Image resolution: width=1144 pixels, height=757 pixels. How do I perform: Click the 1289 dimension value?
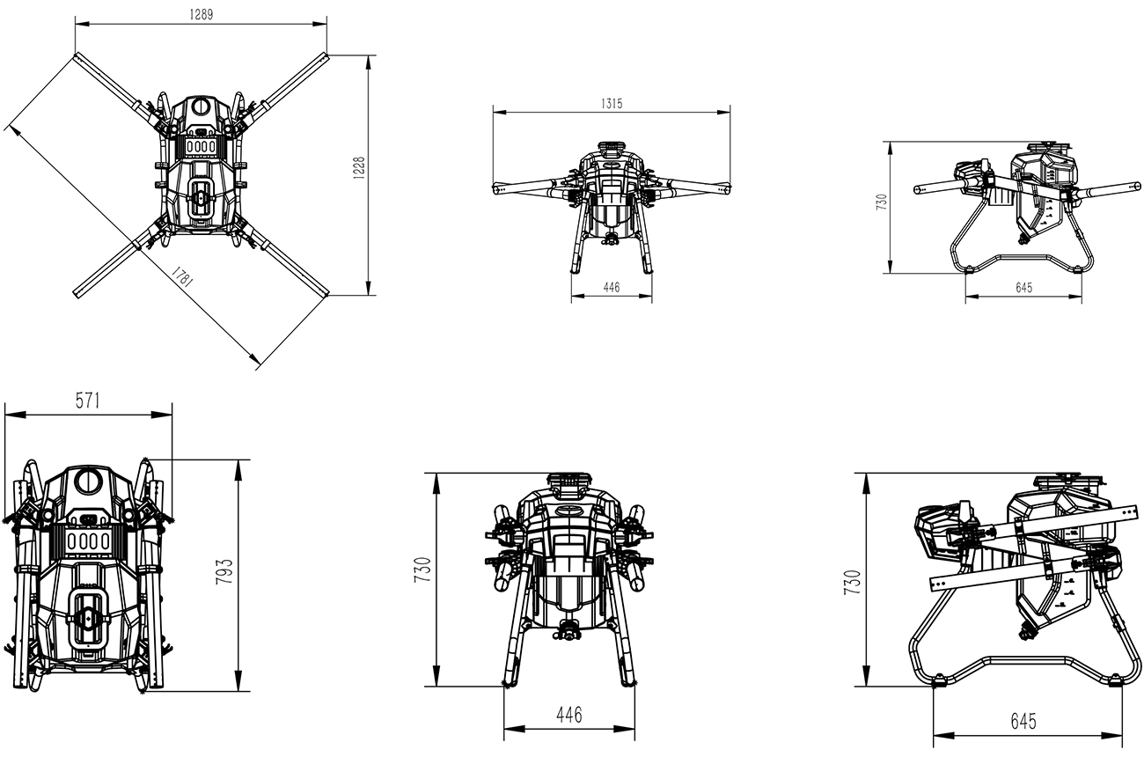coord(202,14)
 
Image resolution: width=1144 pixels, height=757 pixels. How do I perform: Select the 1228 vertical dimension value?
coord(359,167)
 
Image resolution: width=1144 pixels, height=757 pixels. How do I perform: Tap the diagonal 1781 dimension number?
coord(181,276)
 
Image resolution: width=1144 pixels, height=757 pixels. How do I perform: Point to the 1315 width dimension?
coord(612,104)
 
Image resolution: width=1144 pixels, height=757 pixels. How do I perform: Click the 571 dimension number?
coord(88,401)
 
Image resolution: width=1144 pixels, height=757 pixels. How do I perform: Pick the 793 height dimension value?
coord(224,571)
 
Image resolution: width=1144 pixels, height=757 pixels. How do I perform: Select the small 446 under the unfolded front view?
coord(612,288)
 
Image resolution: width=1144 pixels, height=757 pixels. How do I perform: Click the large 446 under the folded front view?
coord(569,715)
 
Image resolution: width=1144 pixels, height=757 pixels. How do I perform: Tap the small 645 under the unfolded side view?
coord(1024,288)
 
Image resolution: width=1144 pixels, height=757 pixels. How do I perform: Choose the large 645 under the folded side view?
coord(1023,722)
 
